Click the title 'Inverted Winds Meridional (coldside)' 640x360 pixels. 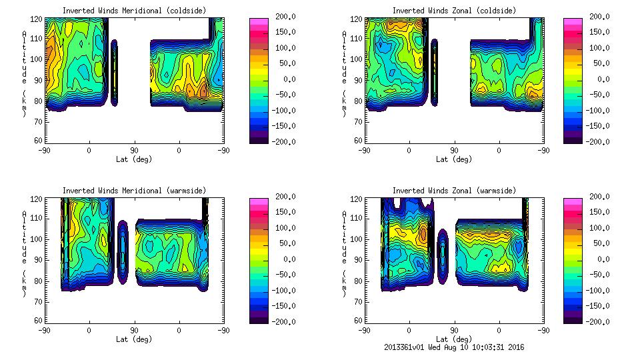pos(134,11)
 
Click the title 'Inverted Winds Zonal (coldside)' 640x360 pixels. pos(454,11)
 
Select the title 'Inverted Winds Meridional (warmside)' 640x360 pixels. pos(134,191)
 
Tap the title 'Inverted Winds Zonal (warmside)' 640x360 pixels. pos(454,191)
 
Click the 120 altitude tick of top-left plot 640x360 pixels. pos(38,20)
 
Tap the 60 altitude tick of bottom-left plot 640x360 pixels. pos(39,321)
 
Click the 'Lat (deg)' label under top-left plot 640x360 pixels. pos(135,159)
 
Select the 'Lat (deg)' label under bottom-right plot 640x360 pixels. pos(455,339)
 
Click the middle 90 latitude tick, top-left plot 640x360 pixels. pos(134,151)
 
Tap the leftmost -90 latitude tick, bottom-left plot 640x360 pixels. pos(45,330)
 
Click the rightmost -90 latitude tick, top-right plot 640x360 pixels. pos(544,151)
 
